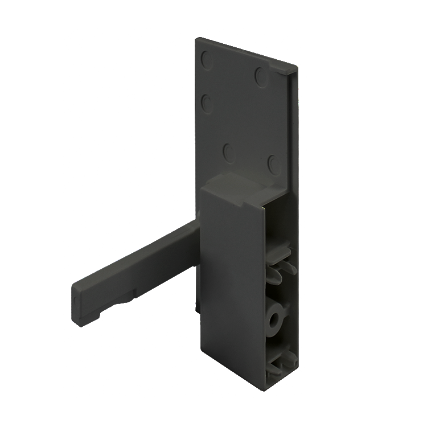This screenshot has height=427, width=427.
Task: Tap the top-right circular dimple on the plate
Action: pyautogui.click(x=261, y=76)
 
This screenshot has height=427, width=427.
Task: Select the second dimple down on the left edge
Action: pyautogui.click(x=207, y=104)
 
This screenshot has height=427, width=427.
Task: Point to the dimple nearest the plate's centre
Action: pyautogui.click(x=229, y=153)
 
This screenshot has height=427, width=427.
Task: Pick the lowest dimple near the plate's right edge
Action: pyautogui.click(x=274, y=165)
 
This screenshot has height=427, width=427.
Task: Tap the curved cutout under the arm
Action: pyautogui.click(x=120, y=301)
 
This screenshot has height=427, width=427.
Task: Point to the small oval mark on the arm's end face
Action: pyautogui.click(x=76, y=299)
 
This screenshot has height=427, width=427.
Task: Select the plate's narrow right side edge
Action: pyautogui.click(x=294, y=125)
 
